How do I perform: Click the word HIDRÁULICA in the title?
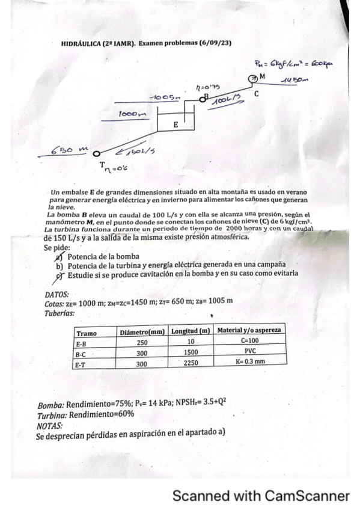click(x=81, y=44)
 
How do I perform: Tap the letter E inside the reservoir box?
click(x=175, y=125)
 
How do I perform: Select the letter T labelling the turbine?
click(x=103, y=164)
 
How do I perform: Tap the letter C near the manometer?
click(x=256, y=94)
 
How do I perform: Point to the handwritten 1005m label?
click(x=165, y=97)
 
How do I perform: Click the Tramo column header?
click(x=87, y=333)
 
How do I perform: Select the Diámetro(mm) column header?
click(x=142, y=332)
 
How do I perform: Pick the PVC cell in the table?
click(x=249, y=352)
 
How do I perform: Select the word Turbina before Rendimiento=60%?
click(x=52, y=416)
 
